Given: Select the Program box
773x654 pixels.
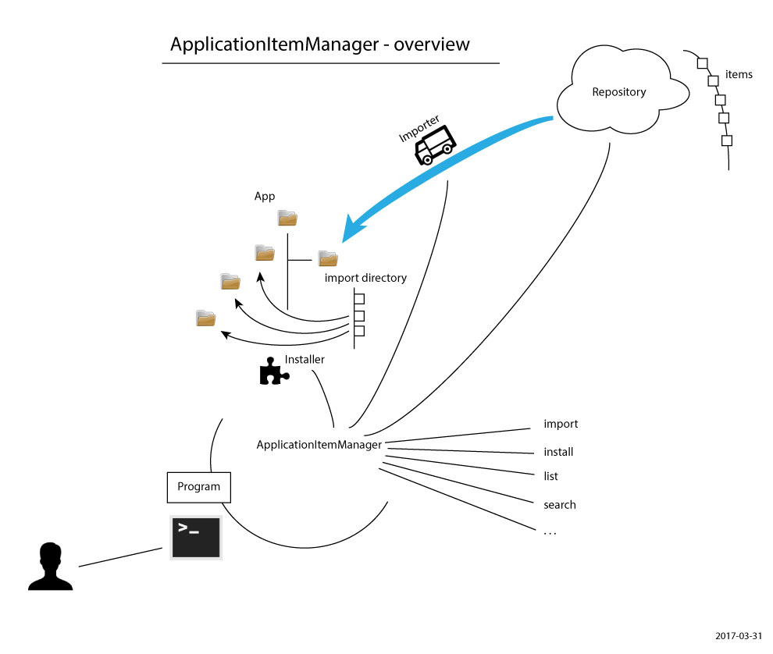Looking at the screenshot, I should tap(199, 487).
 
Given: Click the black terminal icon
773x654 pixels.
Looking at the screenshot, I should tap(196, 537).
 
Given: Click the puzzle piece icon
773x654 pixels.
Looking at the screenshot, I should tap(273, 372).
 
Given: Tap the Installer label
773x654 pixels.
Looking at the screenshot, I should tap(305, 360).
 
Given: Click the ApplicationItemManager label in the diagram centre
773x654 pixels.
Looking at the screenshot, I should tap(319, 445).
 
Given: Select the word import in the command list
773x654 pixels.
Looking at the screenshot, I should tap(561, 425).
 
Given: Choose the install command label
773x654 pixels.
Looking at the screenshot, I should tap(558, 452).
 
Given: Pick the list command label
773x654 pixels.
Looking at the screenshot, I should tap(550, 476).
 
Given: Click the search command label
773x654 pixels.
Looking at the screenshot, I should tap(559, 505).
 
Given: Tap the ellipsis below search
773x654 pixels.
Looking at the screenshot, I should tap(550, 532).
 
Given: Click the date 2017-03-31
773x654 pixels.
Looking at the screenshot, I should tap(738, 636).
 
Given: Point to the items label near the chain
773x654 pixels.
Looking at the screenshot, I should tap(739, 75).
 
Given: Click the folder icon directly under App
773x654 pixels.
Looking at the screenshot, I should tap(287, 218).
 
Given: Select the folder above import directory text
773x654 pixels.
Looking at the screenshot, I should tap(327, 258).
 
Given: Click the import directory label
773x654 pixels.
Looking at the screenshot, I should tap(365, 278).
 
